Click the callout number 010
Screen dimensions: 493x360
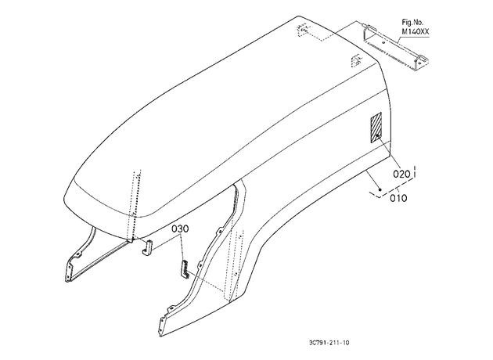398,198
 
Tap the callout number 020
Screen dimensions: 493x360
401,174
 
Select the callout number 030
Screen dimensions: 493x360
180,229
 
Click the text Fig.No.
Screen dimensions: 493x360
412,23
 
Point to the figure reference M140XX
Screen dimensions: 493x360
416,32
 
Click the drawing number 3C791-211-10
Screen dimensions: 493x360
329,343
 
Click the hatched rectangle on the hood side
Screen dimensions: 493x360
376,128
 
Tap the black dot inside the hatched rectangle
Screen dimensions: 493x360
376,135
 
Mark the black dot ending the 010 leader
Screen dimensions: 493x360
380,189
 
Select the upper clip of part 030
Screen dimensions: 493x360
148,247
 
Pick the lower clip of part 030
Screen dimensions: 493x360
184,269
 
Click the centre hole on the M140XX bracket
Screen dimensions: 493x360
383,41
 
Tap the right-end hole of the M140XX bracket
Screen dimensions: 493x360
416,62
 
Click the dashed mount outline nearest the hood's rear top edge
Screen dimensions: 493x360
301,30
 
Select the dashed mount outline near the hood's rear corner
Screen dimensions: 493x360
355,60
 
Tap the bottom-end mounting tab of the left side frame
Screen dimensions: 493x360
69,272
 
